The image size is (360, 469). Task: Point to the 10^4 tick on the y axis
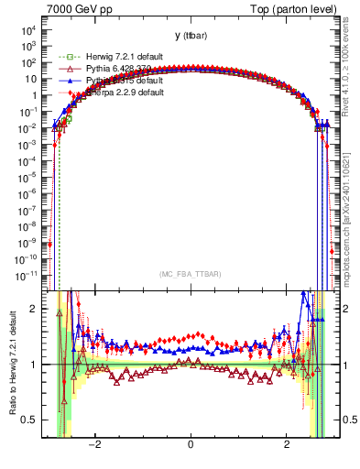[x=29, y=29]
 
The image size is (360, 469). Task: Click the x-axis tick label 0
[x=191, y=445]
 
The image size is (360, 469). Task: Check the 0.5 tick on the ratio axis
[x=32, y=420]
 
